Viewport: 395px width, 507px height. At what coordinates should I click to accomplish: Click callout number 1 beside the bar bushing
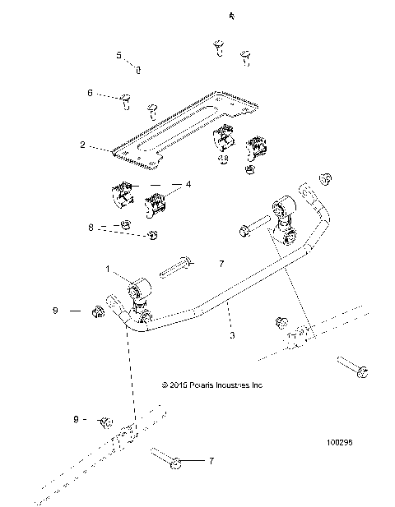pos(107,269)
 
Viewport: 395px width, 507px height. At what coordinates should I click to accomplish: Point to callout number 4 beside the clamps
pos(188,185)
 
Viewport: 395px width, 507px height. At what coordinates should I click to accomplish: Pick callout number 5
pos(118,55)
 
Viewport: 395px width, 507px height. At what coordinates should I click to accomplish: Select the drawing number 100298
pos(340,441)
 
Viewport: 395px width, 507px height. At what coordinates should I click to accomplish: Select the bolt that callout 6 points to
pos(126,101)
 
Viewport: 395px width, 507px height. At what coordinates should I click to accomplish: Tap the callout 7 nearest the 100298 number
pos(210,461)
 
